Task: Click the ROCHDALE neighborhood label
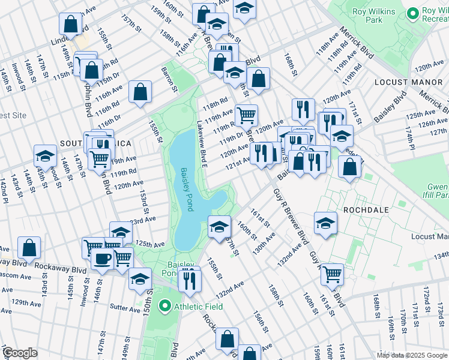366,211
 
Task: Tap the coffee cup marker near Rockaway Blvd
101,259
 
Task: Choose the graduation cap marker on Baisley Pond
219,226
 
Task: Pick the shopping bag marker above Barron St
140,92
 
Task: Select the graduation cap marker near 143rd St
45,156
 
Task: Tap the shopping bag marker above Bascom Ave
29,247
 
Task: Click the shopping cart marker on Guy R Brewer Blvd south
332,274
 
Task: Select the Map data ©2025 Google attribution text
412,355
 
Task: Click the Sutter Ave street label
125,308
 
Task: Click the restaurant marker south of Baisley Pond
190,279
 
